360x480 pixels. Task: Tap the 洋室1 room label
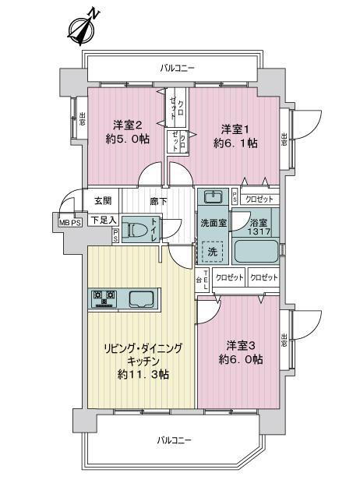click(x=233, y=129)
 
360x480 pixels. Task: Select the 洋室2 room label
click(x=127, y=125)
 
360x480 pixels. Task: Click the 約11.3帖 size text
click(x=143, y=375)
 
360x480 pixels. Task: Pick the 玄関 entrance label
click(x=103, y=200)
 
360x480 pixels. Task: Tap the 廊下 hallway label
click(x=159, y=200)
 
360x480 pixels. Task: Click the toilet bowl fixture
click(x=139, y=231)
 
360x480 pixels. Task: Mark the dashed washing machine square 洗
click(x=210, y=251)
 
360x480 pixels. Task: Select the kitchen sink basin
click(x=140, y=297)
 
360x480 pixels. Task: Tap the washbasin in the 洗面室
click(x=212, y=195)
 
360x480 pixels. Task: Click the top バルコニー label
click(x=177, y=69)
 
